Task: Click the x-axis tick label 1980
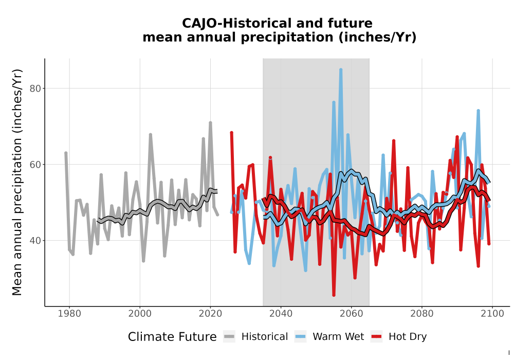click(69, 314)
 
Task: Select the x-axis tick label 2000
click(140, 314)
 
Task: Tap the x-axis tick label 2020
click(210, 314)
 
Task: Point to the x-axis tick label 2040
click(281, 314)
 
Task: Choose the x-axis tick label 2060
click(351, 314)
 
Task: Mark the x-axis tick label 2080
click(421, 314)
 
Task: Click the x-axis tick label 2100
click(492, 314)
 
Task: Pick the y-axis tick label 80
click(35, 88)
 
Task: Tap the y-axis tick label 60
click(35, 165)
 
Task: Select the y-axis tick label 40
click(35, 241)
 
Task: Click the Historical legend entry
click(255, 337)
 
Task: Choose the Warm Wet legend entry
click(329, 337)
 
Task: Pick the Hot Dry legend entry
click(399, 337)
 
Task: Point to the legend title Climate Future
click(172, 337)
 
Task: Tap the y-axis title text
click(17, 182)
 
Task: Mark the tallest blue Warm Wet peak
click(341, 69)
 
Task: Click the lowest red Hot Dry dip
click(334, 295)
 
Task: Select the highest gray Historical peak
click(210, 122)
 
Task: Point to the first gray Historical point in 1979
click(66, 153)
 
